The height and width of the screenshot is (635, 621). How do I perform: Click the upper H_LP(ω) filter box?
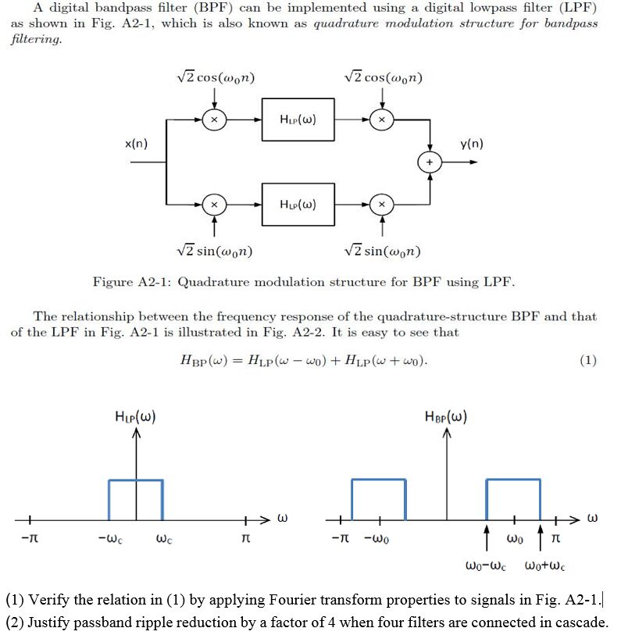[298, 120]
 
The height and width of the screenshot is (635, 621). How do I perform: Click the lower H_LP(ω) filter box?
[298, 205]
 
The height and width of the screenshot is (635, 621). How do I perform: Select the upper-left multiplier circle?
[214, 120]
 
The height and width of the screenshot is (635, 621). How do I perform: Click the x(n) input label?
[136, 144]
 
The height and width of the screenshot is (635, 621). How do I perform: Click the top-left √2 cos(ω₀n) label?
[216, 78]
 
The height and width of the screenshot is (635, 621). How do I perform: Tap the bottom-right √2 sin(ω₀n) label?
[383, 252]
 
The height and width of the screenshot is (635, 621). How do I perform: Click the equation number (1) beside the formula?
[588, 360]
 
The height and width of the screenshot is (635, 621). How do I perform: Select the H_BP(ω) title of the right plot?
[446, 416]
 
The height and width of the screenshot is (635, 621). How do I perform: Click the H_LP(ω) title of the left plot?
[135, 416]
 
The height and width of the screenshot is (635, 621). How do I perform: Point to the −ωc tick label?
[109, 540]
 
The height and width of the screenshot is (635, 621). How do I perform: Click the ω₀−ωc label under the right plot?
[487, 565]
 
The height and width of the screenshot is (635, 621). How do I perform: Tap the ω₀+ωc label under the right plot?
[544, 565]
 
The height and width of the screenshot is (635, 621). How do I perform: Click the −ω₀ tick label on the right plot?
[378, 540]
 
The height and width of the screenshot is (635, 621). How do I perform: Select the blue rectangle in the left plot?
[135, 500]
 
